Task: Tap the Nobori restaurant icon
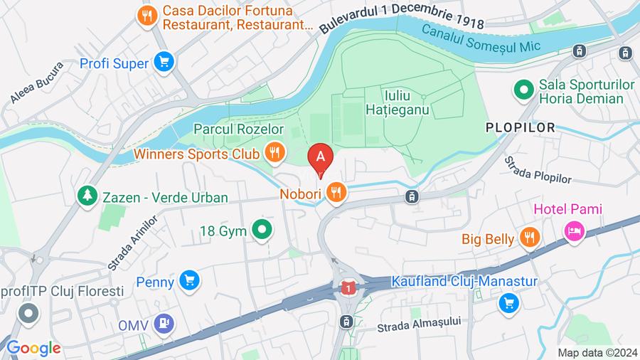pos(336,192)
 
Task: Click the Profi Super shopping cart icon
pos(165,63)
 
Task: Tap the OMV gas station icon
pos(165,323)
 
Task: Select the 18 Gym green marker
pos(262,229)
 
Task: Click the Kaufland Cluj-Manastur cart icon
pos(508,304)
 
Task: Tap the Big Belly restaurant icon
pos(528,238)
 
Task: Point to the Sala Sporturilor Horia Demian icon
pos(523,90)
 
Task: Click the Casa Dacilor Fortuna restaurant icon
pos(148,16)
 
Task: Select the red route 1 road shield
pos(347,288)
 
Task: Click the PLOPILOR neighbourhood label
pos(520,127)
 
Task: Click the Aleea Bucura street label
pos(38,84)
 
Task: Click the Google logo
pos(33,348)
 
